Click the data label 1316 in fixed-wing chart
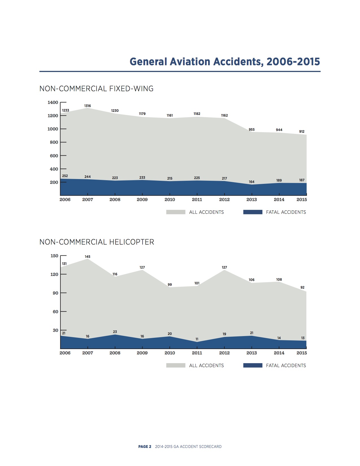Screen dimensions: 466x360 [88, 106]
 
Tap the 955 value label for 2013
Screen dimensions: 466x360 [252, 130]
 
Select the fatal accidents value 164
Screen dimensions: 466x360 [252, 182]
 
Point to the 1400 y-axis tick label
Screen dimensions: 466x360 [53, 103]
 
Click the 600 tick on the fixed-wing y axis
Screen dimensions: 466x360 [54, 156]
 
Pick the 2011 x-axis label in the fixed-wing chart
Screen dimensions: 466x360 [197, 200]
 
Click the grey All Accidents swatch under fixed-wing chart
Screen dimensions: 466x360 [176, 212]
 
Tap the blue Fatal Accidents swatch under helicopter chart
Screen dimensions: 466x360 [253, 365]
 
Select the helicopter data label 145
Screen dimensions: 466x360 [88, 257]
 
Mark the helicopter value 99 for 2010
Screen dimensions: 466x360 [170, 285]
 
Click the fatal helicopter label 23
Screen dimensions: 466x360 [115, 332]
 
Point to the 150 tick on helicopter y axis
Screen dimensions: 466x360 [54, 256]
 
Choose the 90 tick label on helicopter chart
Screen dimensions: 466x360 [55, 293]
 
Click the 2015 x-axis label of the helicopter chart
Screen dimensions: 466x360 [302, 353]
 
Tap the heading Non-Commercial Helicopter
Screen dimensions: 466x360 [97, 242]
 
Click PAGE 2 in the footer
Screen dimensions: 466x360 [145, 447]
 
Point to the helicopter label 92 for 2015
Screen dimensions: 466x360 [302, 288]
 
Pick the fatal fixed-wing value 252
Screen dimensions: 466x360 [65, 176]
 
